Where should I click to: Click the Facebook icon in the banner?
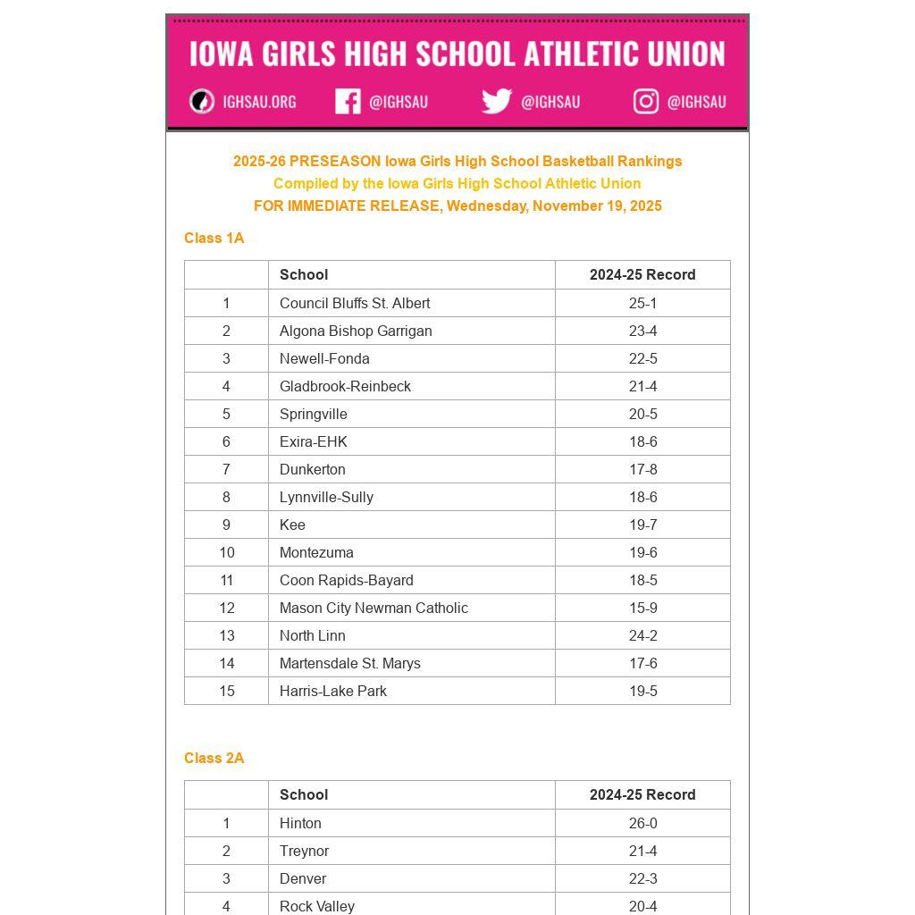[x=348, y=101]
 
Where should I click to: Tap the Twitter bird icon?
[x=497, y=101]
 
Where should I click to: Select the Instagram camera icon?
[x=646, y=101]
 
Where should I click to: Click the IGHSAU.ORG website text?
[x=259, y=102]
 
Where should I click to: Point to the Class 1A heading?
[x=214, y=238]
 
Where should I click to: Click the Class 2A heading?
[x=214, y=758]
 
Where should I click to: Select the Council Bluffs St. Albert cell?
[x=355, y=303]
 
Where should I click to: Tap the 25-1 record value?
[x=642, y=303]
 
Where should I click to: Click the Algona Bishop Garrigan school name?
[x=356, y=331]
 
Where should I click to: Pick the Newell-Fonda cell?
[x=324, y=358]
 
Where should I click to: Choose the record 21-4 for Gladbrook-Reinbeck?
[x=642, y=386]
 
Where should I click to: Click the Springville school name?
[x=314, y=414]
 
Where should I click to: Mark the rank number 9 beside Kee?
[x=226, y=525]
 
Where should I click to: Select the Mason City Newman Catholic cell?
[x=374, y=608]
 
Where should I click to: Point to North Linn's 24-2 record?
[x=642, y=635]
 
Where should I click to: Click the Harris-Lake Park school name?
[x=333, y=691]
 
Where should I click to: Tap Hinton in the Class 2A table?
[x=300, y=823]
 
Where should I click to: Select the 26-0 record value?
[x=642, y=823]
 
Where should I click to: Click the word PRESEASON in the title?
[x=335, y=161]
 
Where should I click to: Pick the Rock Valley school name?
[x=317, y=905]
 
